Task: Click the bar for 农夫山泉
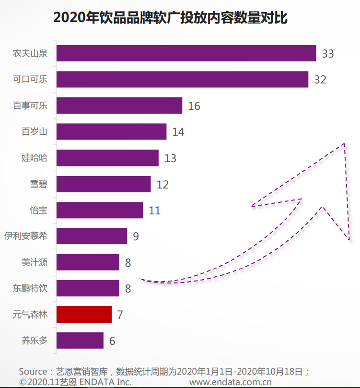coord(186,53)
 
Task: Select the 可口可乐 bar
coord(182,79)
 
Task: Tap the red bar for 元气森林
coord(84,315)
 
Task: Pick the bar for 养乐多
coord(80,341)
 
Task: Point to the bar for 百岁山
coord(111,131)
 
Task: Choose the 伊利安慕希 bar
coord(92,236)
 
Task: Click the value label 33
coord(328,54)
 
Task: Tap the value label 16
coord(194,106)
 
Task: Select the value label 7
coord(120,315)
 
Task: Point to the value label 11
coord(154,211)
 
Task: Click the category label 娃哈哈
coord(35,157)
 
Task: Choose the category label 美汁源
coord(35,262)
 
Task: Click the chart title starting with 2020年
coord(170,18)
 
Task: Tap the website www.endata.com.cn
coord(231,382)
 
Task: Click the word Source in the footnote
coord(33,372)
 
